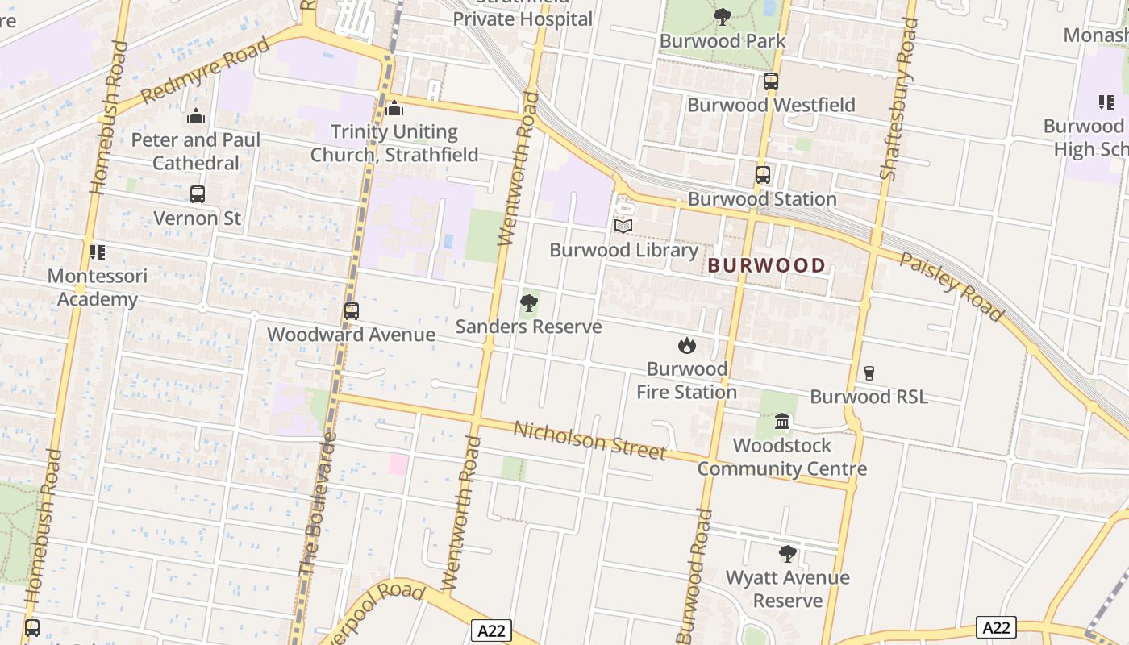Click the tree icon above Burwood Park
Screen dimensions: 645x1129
(x=723, y=16)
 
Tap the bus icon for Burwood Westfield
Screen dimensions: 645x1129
(x=771, y=81)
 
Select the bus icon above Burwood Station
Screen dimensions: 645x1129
(x=762, y=174)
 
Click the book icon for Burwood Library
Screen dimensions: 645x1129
(x=623, y=226)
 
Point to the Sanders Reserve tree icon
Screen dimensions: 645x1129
(x=529, y=303)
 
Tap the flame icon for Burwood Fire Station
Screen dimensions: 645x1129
(x=687, y=345)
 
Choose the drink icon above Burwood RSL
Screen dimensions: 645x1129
(x=869, y=372)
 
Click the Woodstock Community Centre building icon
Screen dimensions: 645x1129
(x=782, y=421)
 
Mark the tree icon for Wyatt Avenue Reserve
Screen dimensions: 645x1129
(x=788, y=554)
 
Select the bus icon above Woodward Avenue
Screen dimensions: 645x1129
(x=352, y=311)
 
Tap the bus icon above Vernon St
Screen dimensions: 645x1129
(x=198, y=194)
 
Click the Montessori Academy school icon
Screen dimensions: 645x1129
(x=98, y=252)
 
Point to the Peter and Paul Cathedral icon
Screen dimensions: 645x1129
(x=196, y=117)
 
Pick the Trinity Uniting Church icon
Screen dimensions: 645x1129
(x=394, y=108)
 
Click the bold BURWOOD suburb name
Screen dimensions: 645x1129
(x=767, y=265)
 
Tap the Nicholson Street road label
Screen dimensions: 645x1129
(x=590, y=440)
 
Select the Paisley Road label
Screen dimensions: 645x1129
(x=952, y=287)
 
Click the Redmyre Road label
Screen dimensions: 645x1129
(x=205, y=70)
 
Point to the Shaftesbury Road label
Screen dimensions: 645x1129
(x=899, y=98)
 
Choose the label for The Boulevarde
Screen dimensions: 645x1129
(x=319, y=505)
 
